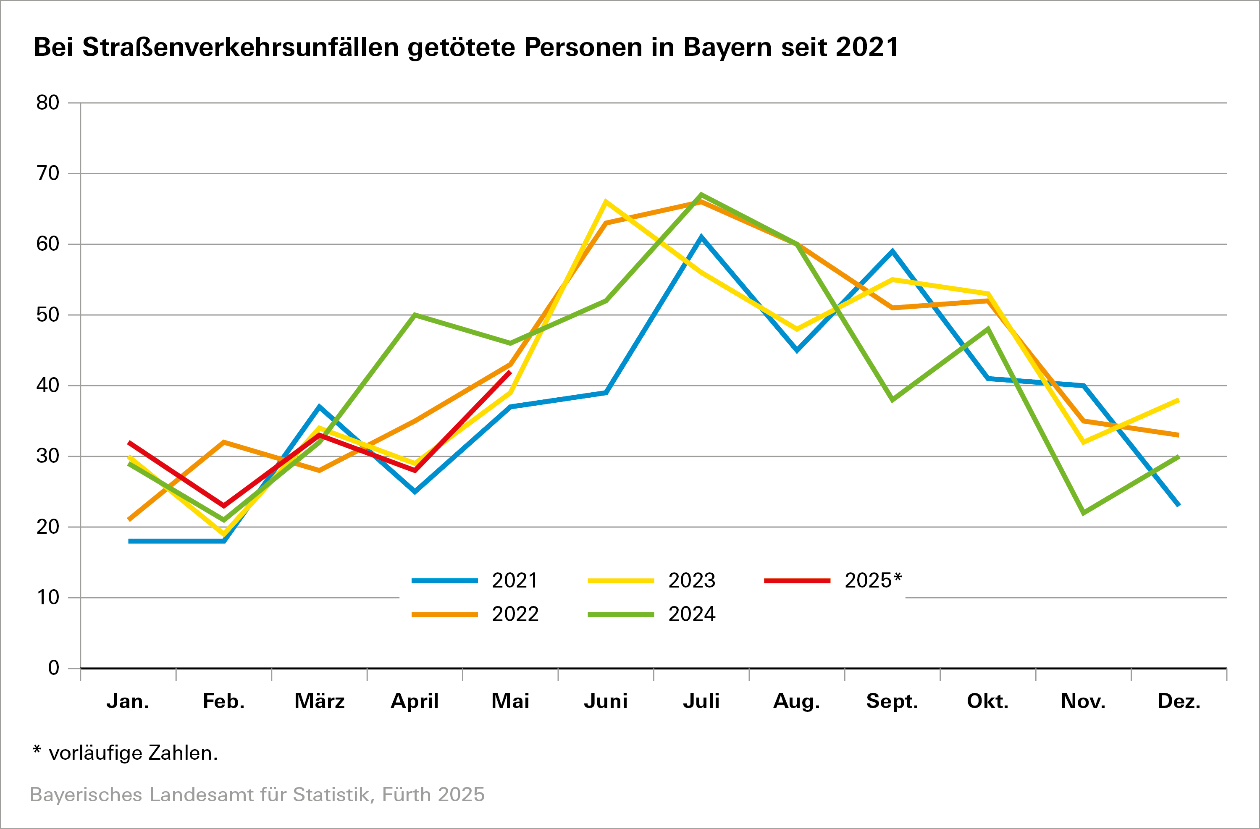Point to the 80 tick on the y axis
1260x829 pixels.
point(47,103)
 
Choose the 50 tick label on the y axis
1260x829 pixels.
point(47,315)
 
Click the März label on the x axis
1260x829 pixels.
point(319,701)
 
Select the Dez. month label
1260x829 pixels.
point(1179,701)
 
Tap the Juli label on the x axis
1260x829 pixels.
point(701,701)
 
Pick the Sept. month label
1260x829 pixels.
point(892,701)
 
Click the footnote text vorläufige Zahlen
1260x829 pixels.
point(133,753)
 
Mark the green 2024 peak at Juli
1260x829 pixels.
point(701,194)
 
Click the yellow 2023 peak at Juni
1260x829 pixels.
point(606,201)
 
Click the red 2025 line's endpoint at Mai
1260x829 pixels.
point(510,372)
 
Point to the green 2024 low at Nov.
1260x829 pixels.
point(1084,513)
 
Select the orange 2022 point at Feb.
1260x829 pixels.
point(224,442)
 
